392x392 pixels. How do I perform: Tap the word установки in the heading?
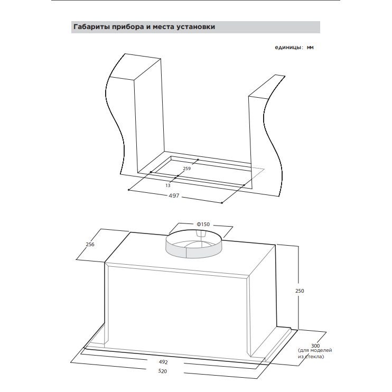pos(196,27)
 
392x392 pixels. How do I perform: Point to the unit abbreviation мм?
pos(310,47)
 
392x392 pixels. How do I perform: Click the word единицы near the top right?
pos(288,48)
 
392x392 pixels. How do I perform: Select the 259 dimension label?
pos(186,169)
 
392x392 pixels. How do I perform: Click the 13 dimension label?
pos(168,185)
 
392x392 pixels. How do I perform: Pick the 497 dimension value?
pos(174,195)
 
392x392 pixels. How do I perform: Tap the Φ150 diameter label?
pos(203,224)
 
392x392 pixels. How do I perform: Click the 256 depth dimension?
pos(90,244)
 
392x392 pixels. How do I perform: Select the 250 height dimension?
pos(300,291)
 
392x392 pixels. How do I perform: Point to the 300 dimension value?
pos(315,346)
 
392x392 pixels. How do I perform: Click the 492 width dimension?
pos(163,362)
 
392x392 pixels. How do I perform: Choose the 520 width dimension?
pos(163,371)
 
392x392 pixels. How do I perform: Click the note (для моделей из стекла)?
pos(315,353)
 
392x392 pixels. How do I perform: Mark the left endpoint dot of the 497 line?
pos(129,190)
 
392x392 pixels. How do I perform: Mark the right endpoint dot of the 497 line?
pos(222,203)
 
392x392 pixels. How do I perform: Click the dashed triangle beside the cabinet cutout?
pos(257,173)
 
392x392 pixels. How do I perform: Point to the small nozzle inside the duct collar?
pos(201,234)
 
